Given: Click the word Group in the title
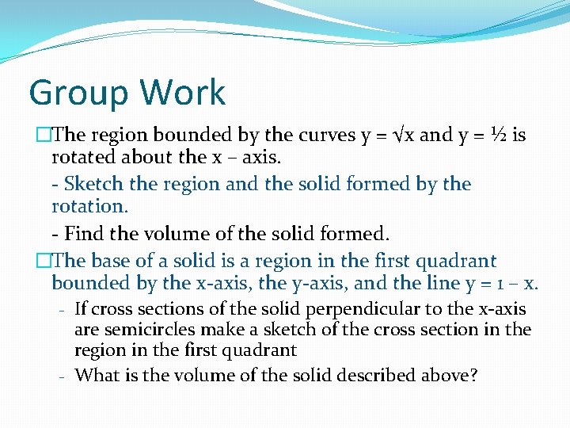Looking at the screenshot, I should [x=73, y=93].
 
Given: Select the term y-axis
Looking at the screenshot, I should [x=337, y=283].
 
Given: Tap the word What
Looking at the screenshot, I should [x=99, y=374].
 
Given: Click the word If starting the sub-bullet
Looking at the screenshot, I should [x=81, y=309].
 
